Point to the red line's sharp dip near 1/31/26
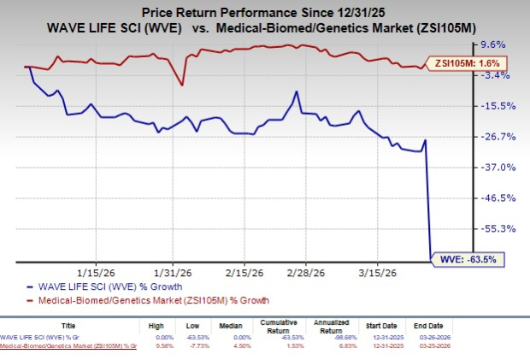tap(181, 85)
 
